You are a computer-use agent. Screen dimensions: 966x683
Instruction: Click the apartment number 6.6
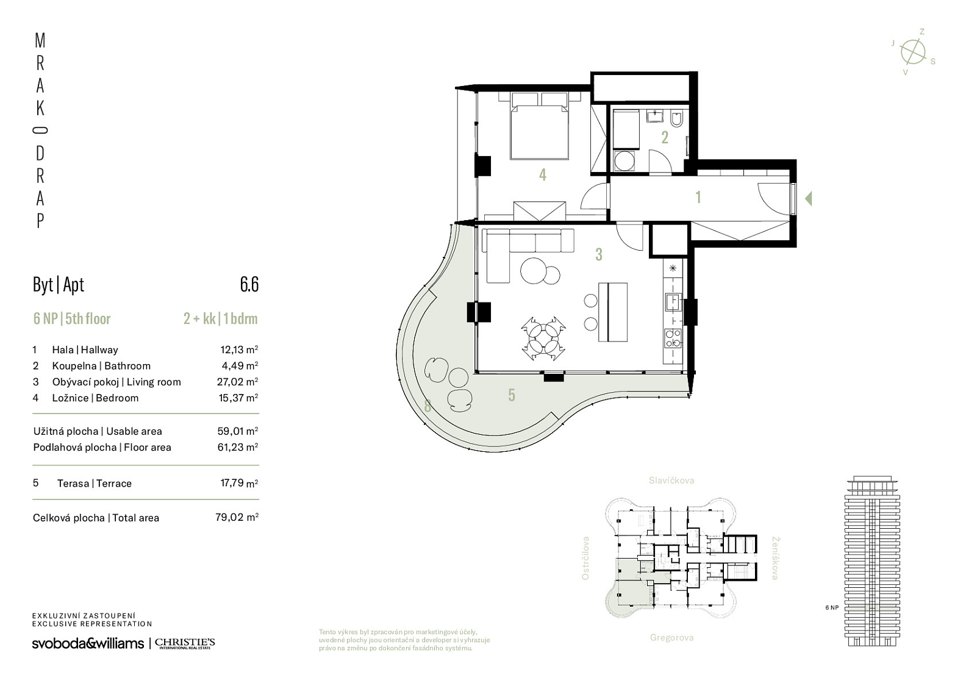249,285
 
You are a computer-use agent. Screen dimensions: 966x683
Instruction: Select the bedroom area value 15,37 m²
238,398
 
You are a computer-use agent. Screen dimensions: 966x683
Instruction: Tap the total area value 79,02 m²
237,517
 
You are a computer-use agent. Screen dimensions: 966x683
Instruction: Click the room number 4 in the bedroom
543,174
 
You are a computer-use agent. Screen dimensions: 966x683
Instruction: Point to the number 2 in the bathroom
665,138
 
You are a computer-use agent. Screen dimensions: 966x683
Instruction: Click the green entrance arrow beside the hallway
809,199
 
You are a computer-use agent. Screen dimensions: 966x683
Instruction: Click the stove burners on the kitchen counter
673,338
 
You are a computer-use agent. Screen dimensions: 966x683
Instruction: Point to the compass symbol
913,52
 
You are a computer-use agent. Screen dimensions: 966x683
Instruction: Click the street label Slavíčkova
671,481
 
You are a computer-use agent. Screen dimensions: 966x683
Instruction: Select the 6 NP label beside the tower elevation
832,607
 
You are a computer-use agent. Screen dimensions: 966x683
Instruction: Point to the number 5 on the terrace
512,395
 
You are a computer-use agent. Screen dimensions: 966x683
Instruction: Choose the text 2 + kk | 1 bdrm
220,319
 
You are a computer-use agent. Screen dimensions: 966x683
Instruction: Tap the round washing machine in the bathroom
624,161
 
